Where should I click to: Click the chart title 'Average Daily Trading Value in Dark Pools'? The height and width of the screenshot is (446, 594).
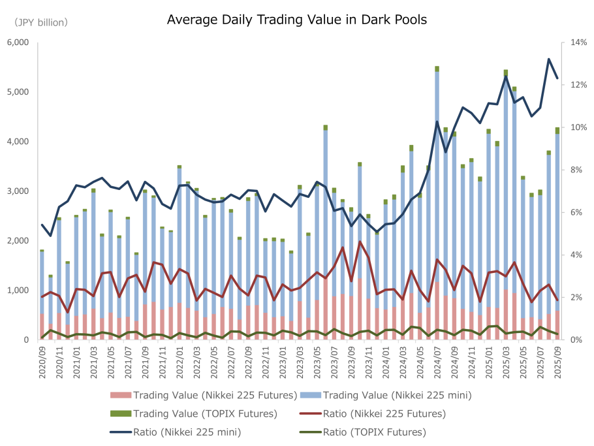point(296,20)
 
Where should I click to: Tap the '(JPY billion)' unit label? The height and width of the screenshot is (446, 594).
point(41,23)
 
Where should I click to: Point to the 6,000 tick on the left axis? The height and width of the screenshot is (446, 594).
point(18,42)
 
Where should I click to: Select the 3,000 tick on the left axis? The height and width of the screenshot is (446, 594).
point(18,191)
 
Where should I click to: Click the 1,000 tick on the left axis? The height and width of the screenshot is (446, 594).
point(18,291)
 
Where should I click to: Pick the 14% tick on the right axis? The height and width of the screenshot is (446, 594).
point(578,42)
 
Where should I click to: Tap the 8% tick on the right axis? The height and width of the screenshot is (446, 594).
point(576,170)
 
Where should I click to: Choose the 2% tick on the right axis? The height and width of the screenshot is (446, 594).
point(576,297)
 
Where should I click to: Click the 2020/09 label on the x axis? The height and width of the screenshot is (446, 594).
point(42,361)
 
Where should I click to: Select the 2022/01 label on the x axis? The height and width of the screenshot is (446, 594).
point(180,361)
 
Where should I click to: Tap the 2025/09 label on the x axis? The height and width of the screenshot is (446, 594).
point(557,361)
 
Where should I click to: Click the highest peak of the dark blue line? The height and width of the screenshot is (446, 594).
point(548,59)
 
